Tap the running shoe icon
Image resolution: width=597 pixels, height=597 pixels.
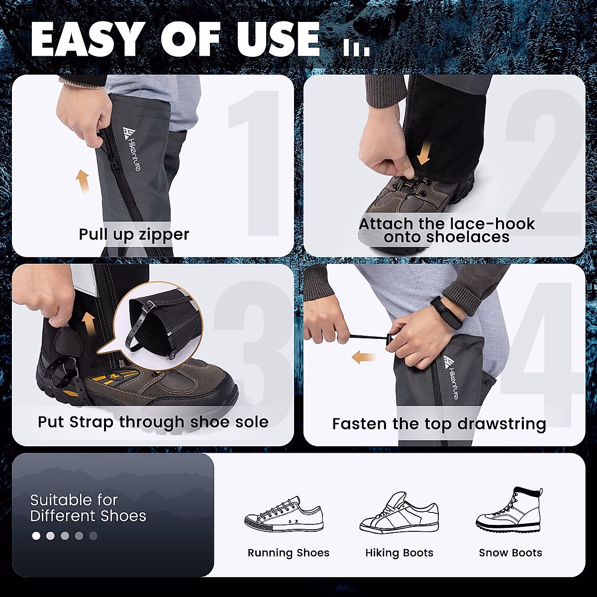click(x=284, y=515)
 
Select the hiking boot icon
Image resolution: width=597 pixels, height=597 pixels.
click(x=399, y=513)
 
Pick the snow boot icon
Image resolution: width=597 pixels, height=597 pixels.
click(x=509, y=510)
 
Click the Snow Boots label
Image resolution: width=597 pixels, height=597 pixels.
click(x=510, y=553)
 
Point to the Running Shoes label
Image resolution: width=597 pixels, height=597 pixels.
click(x=289, y=553)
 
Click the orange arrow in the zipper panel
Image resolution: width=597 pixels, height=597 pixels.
click(x=83, y=182)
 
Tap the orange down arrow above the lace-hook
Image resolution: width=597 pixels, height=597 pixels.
click(x=423, y=153)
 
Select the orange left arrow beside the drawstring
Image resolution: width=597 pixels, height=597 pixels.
click(x=363, y=357)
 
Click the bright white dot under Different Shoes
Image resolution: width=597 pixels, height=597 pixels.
click(x=36, y=536)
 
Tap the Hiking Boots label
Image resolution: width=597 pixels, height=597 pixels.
click(x=399, y=553)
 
